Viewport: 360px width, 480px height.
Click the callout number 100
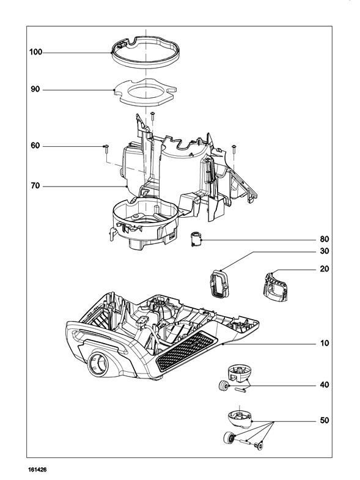click(35, 52)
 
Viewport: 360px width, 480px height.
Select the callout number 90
click(35, 89)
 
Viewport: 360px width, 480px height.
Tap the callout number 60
click(35, 146)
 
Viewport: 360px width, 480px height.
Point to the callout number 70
click(35, 186)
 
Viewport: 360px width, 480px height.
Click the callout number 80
click(324, 239)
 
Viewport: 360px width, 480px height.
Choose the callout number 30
click(324, 251)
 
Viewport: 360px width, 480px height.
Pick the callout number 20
click(324, 269)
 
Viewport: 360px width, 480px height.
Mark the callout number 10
click(324, 343)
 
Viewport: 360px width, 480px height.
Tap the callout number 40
click(324, 385)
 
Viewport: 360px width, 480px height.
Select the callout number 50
click(324, 420)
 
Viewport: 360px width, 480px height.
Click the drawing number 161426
click(38, 470)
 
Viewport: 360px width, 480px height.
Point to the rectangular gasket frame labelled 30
click(219, 283)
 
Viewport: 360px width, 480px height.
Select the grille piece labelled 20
click(275, 287)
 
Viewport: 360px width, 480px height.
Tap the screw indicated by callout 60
click(106, 149)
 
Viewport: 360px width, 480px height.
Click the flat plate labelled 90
click(145, 91)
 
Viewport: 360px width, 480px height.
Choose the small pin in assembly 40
click(240, 390)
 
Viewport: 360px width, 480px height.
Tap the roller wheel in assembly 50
click(230, 438)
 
